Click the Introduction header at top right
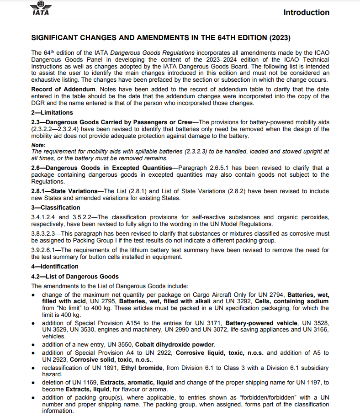pos(306,12)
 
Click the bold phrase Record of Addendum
pos(63,89)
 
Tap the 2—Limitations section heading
pos(52,113)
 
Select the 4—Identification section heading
pos(55,266)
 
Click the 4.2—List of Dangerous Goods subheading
pos(74,276)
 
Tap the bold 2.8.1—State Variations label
pos(66,191)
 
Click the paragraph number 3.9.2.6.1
pos(45,250)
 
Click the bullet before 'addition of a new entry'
pos(33,345)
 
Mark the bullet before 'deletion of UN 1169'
pos(33,383)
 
